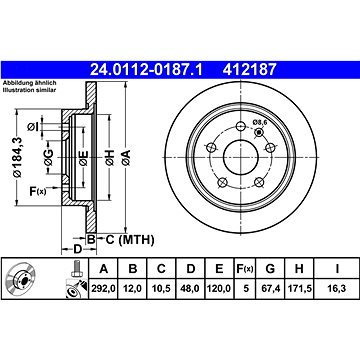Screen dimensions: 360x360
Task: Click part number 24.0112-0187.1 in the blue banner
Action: click(146, 70)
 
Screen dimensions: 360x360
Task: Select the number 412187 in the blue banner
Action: click(250, 70)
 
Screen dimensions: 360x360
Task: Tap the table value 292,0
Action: click(104, 289)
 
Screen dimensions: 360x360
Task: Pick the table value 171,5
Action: click(299, 289)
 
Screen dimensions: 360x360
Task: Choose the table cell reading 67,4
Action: click(270, 289)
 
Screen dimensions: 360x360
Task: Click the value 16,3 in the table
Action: click(337, 289)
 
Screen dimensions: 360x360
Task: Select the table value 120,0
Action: click(219, 289)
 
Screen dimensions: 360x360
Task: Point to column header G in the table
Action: click(270, 268)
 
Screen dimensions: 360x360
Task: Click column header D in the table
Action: click(190, 268)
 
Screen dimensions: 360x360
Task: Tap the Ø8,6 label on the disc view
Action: click(260, 122)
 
